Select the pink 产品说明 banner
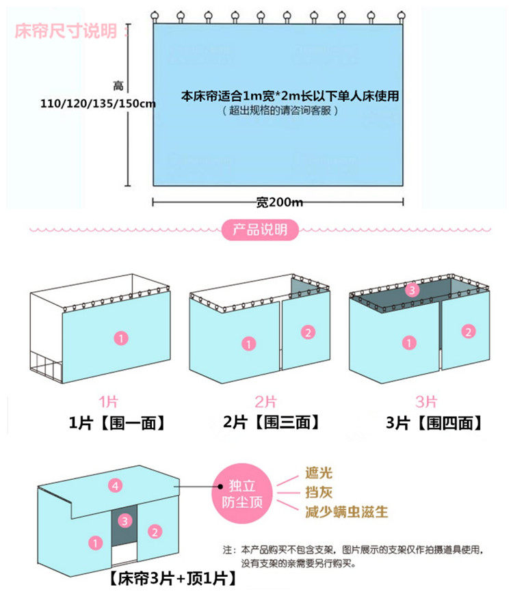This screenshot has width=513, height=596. click(261, 230)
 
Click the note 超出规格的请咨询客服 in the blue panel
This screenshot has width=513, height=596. click(280, 110)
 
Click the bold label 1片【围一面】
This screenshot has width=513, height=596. click(117, 423)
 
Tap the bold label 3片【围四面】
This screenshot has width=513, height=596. click(434, 423)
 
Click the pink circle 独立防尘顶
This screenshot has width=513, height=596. click(244, 494)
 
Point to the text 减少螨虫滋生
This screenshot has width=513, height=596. click(346, 511)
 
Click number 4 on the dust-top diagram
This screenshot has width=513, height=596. click(116, 486)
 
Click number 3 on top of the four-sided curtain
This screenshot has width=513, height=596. click(411, 290)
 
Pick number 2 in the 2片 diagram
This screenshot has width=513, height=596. click(308, 333)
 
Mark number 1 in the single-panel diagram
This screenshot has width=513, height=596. click(120, 338)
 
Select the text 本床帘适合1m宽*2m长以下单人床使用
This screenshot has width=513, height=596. click(289, 96)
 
